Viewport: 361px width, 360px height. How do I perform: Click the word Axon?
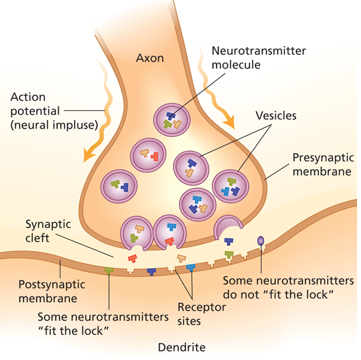(150, 58)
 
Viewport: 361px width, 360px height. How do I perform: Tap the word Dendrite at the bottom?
(181, 347)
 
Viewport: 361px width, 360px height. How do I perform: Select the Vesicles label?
(276, 115)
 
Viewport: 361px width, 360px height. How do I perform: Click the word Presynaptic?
(323, 158)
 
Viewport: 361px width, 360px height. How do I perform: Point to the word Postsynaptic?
(51, 285)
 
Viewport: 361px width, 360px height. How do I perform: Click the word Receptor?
(202, 308)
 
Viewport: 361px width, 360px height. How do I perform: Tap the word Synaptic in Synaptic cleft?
(48, 225)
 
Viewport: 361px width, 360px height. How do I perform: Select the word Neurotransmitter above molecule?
(259, 51)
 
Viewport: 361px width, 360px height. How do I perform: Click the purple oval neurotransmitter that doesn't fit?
(261, 241)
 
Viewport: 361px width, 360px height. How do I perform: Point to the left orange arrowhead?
(88, 154)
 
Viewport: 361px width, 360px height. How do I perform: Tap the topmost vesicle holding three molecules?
(172, 120)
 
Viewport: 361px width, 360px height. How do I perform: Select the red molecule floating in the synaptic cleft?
(133, 258)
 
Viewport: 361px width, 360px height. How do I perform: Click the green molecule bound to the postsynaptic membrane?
(109, 270)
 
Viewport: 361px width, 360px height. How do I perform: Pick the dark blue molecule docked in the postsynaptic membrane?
(152, 272)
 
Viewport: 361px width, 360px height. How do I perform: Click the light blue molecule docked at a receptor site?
(191, 268)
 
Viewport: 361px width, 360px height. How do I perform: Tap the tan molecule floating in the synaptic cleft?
(181, 258)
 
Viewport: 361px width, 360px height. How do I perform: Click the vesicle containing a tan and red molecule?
(148, 155)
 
